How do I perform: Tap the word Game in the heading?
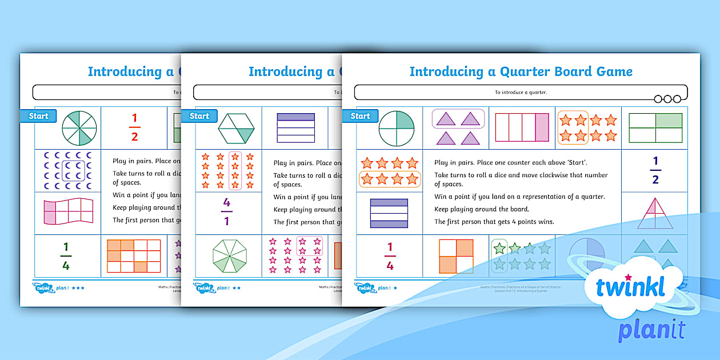612,72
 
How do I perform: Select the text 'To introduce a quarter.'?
521,92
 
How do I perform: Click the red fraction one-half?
135,127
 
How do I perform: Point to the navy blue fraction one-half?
655,171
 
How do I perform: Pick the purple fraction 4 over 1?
227,212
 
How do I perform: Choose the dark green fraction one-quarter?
66,256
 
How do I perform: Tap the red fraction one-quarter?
390,256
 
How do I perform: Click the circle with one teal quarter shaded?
396,127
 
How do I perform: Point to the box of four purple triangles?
458,127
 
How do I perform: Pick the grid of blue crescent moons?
67,170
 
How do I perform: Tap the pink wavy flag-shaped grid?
69,211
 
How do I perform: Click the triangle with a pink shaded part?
654,213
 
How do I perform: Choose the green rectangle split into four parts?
655,127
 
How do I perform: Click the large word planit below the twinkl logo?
651,331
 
